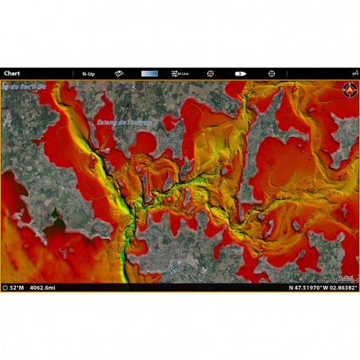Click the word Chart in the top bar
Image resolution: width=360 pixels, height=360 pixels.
click(x=12, y=73)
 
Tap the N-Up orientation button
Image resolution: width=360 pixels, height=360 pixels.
click(x=89, y=73)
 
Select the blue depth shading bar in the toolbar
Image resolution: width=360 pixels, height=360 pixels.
click(x=149, y=73)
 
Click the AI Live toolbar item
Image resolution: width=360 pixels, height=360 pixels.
click(x=180, y=73)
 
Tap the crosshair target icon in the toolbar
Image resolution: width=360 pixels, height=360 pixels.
click(x=271, y=73)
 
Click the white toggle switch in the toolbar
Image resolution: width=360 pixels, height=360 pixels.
click(x=240, y=73)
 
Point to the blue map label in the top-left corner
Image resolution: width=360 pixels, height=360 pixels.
click(x=24, y=85)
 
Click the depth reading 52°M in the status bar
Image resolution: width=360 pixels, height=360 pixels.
click(x=18, y=287)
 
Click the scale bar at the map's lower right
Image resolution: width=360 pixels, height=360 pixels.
click(x=345, y=278)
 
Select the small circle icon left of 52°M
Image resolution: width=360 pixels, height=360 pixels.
click(x=6, y=287)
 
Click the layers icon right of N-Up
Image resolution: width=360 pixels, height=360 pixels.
click(x=119, y=73)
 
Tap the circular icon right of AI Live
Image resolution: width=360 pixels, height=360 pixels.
click(x=210, y=73)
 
